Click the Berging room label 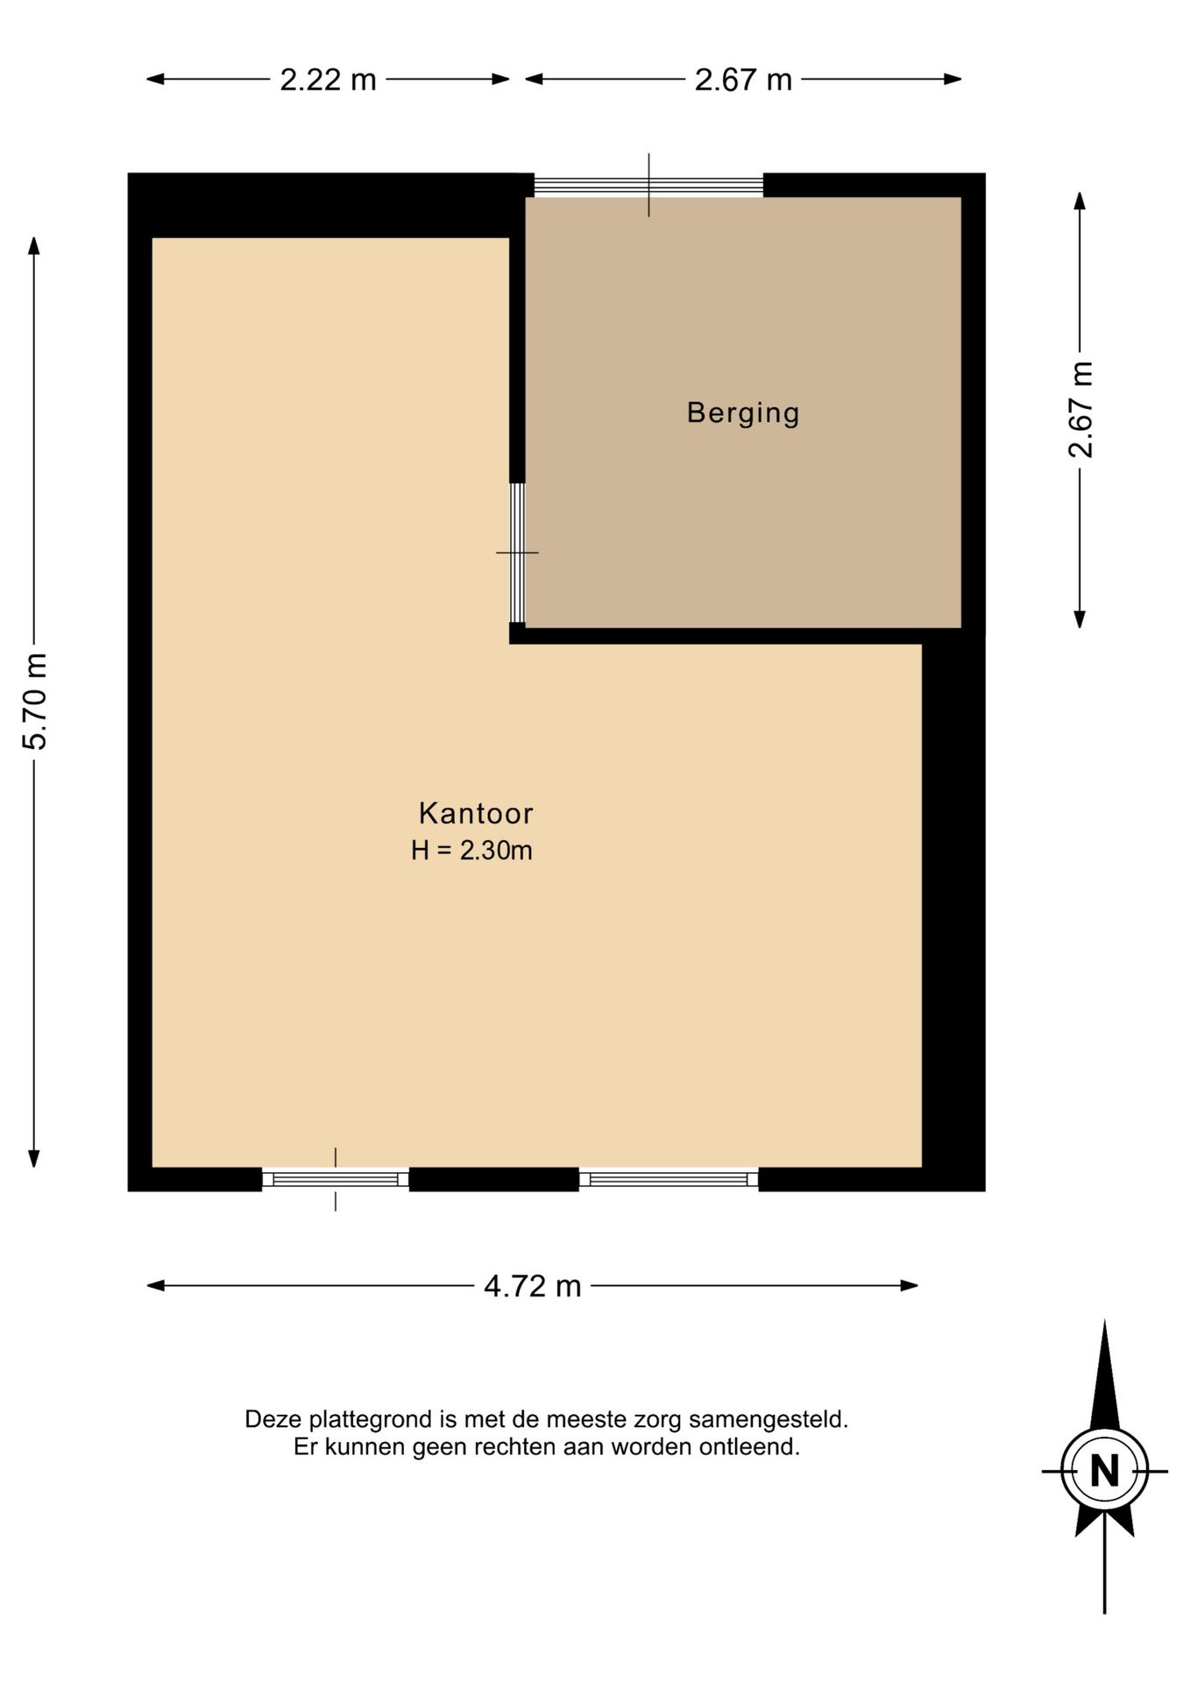point(743,413)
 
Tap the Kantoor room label point(476,813)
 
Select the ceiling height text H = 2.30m point(471,851)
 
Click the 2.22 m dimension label point(328,80)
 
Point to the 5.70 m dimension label point(35,702)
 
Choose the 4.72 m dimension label point(533,1286)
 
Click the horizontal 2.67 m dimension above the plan point(743,80)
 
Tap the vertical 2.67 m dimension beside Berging point(1080,409)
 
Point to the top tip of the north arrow point(1104,1320)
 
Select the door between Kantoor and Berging point(517,553)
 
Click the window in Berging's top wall point(648,185)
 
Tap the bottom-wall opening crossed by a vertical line point(336,1179)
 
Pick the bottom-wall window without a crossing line point(669,1179)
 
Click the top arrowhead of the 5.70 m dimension point(34,244)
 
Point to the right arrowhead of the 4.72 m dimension point(910,1285)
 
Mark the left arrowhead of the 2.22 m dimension point(155,79)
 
